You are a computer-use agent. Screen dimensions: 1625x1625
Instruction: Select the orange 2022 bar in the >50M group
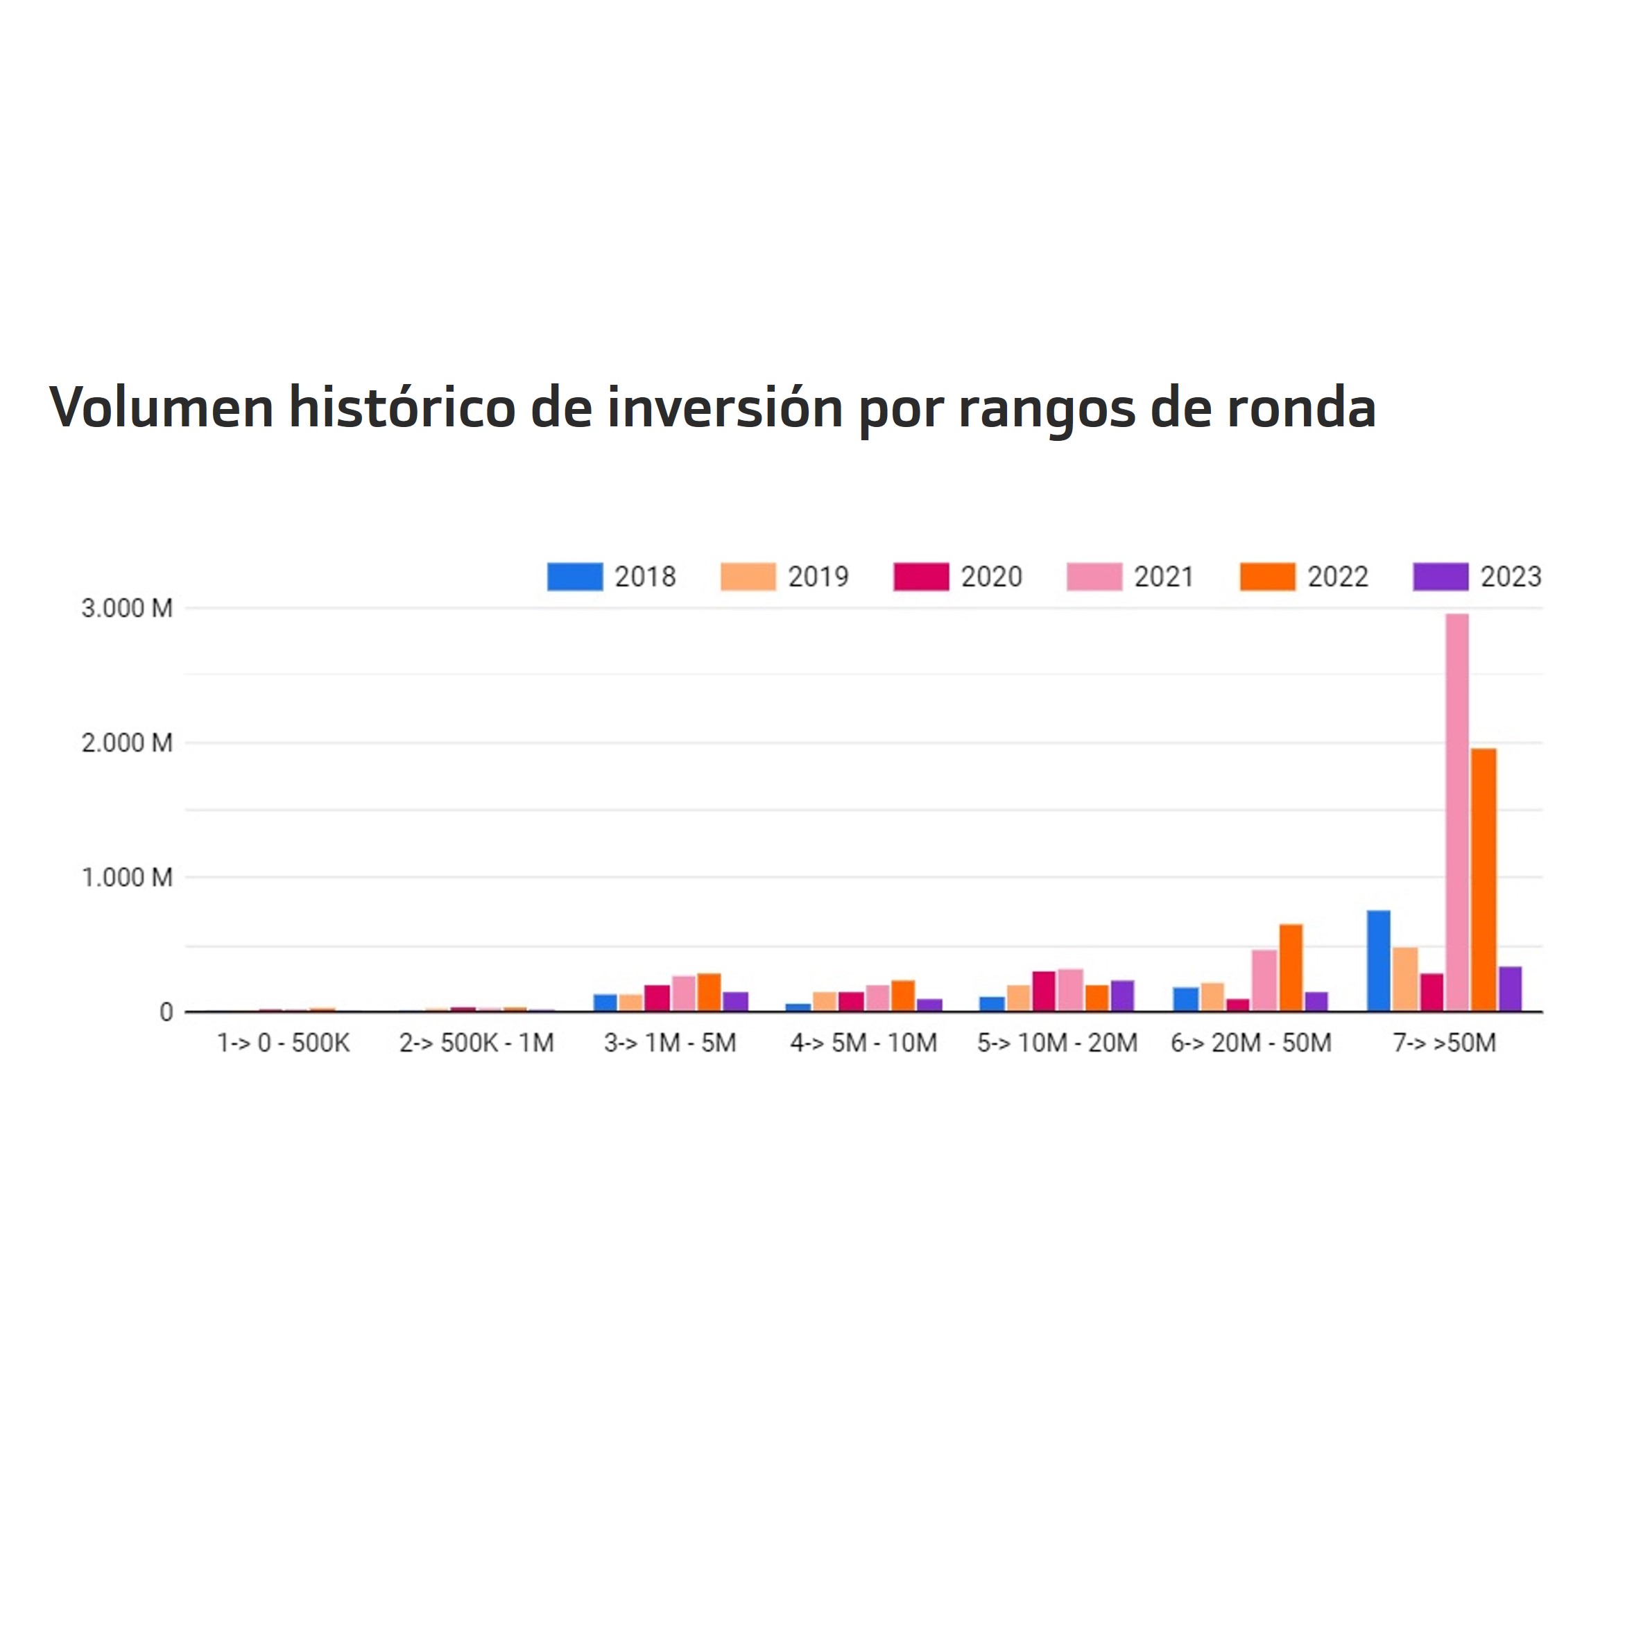click(x=1483, y=880)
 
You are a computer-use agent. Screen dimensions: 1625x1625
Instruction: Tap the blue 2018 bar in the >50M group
click(x=1378, y=961)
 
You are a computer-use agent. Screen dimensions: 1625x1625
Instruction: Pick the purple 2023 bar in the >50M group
click(x=1510, y=989)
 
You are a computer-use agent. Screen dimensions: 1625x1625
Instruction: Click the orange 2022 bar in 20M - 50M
click(x=1290, y=968)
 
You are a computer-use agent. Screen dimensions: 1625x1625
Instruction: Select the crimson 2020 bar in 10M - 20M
click(x=1044, y=991)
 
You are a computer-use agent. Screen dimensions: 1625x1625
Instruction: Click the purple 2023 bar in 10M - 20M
click(x=1121, y=996)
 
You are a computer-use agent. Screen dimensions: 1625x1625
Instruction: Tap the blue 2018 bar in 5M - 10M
click(x=798, y=1007)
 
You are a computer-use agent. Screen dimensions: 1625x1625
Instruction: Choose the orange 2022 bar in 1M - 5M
click(x=709, y=993)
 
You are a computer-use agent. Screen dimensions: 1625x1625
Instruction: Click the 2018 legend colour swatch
click(x=575, y=577)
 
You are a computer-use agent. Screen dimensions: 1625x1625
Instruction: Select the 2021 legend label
click(x=1164, y=577)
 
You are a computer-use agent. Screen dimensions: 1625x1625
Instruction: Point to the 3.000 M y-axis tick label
click(x=126, y=608)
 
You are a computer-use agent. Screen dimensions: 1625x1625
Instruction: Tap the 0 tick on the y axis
click(x=166, y=1013)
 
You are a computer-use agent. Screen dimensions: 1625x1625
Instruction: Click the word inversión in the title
click(x=725, y=408)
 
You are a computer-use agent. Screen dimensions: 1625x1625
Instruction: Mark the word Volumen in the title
click(x=162, y=408)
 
